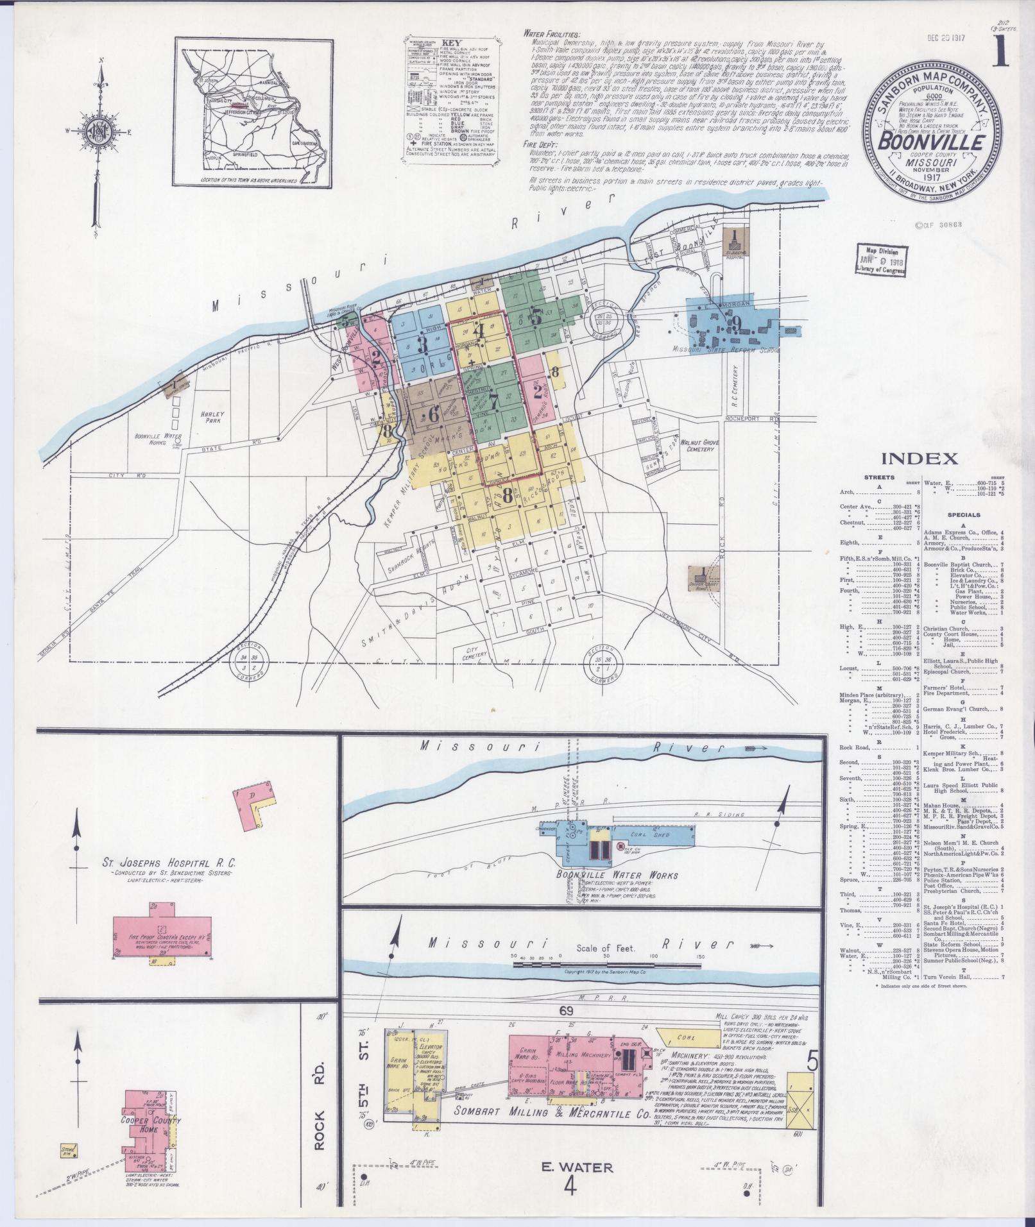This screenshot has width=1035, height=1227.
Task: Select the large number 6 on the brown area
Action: [x=434, y=414]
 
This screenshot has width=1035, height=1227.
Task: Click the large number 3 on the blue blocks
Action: [x=423, y=344]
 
